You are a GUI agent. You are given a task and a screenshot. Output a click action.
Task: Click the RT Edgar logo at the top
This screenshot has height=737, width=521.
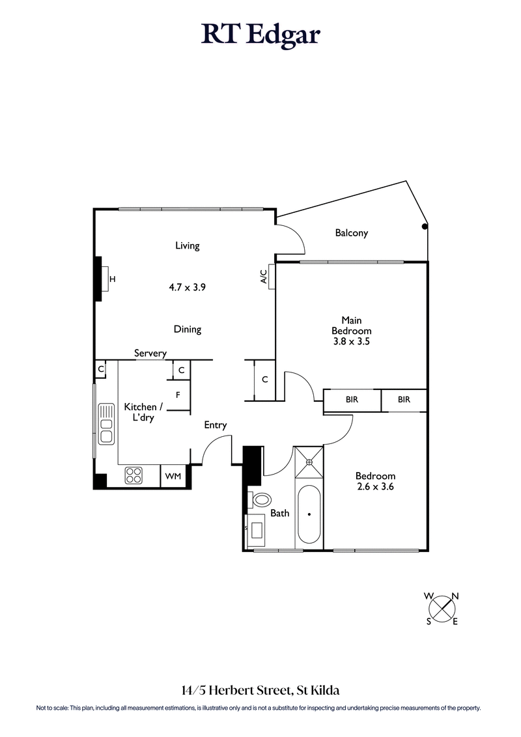tap(260, 34)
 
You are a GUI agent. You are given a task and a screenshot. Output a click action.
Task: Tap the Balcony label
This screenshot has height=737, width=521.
tap(352, 232)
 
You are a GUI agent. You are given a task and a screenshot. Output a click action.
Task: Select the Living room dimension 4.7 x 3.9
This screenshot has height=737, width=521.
tap(187, 286)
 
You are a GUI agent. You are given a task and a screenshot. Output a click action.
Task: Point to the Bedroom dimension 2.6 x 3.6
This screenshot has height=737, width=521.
tap(375, 486)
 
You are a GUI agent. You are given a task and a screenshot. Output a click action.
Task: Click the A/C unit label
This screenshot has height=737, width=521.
tap(264, 277)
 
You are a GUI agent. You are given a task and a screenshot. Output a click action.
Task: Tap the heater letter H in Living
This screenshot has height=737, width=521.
tap(112, 279)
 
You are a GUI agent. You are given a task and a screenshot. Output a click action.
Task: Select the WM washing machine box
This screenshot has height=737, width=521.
tap(173, 477)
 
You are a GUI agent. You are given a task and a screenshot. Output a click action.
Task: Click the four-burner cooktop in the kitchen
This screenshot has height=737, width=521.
tap(134, 476)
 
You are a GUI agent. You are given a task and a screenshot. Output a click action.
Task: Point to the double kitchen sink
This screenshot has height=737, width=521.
tap(106, 424)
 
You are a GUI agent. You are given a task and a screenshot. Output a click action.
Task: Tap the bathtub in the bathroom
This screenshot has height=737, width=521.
tap(309, 514)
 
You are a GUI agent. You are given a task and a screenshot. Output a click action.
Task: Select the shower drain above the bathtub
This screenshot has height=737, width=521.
tap(310, 463)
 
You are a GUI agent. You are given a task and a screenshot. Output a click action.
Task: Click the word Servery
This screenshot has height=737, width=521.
tap(150, 353)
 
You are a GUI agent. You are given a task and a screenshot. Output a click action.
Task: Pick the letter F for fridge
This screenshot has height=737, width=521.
tap(177, 395)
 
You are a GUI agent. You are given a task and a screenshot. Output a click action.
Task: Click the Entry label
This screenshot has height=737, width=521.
tap(216, 425)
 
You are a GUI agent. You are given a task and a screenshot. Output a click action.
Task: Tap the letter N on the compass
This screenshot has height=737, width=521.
tap(455, 596)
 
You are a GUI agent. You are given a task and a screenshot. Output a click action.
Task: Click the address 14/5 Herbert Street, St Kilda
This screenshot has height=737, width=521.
tap(260, 689)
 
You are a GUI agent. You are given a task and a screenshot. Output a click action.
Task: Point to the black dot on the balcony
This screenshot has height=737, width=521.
tap(425, 227)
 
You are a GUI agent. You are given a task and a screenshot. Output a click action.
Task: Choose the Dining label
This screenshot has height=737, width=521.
tap(187, 329)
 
